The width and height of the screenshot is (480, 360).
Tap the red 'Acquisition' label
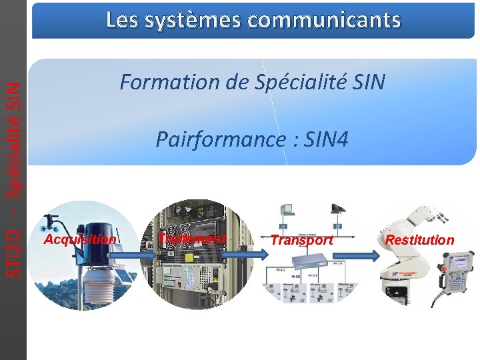coord(79,239)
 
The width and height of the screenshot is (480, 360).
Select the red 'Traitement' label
coord(193,239)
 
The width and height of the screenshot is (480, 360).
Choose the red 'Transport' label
coord(302,240)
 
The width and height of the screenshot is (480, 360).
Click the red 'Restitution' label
coord(420,240)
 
